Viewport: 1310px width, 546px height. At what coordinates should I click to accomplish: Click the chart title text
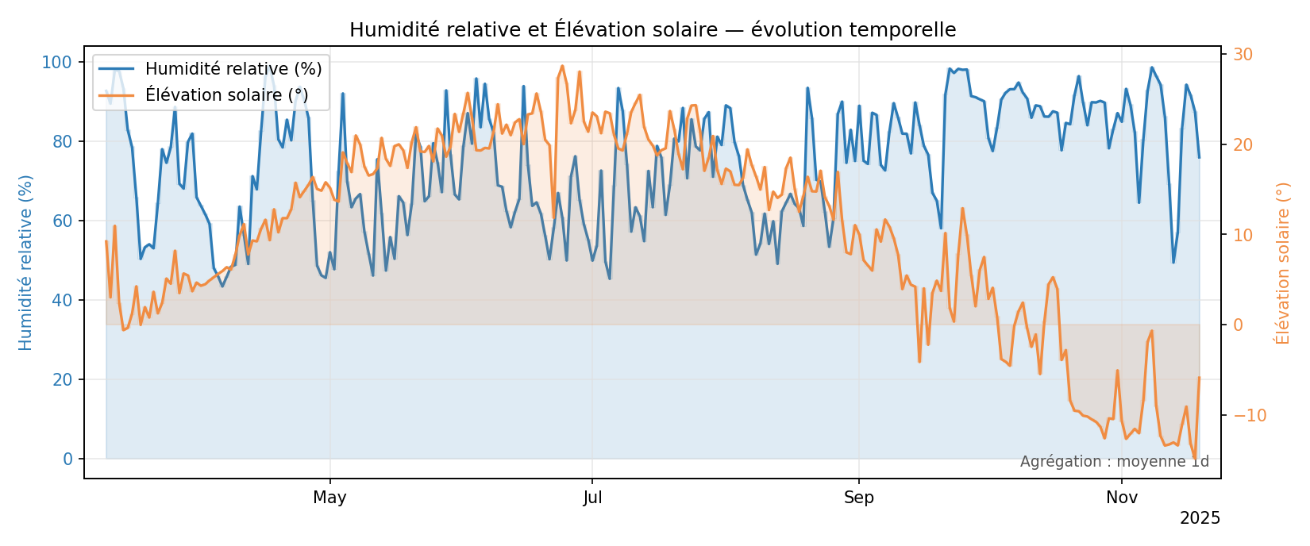(x=653, y=30)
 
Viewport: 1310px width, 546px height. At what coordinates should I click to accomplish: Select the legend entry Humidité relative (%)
(x=233, y=69)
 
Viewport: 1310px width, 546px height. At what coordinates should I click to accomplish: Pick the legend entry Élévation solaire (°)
(x=226, y=95)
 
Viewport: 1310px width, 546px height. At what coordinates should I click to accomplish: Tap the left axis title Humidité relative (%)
(x=26, y=262)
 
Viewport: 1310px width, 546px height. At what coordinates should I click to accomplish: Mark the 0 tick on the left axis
(x=68, y=459)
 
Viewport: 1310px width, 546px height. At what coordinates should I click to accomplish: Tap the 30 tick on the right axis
(x=1243, y=55)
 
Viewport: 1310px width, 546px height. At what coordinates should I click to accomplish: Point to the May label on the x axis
(x=329, y=498)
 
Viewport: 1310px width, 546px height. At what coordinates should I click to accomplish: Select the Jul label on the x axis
(x=592, y=498)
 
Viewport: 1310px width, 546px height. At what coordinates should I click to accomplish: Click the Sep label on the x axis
(x=859, y=498)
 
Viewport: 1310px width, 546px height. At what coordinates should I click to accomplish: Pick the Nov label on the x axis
(x=1122, y=498)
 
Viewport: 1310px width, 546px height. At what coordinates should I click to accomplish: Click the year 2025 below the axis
(x=1200, y=518)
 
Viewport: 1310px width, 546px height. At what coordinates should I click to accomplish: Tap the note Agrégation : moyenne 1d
(x=1114, y=462)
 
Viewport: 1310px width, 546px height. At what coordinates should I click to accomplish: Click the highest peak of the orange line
(x=562, y=66)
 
